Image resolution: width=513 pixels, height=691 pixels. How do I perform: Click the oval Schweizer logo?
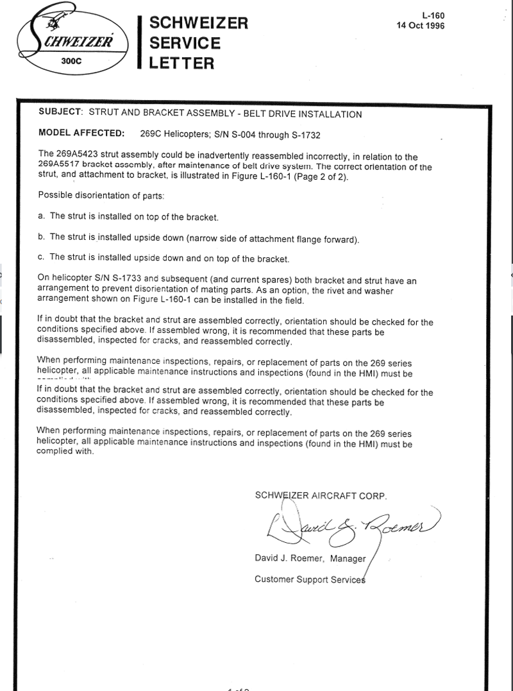(x=74, y=42)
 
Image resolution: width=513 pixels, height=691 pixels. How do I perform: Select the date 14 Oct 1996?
(x=421, y=26)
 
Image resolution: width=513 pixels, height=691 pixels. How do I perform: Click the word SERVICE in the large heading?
(x=185, y=43)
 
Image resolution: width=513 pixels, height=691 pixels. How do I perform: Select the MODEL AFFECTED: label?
(x=81, y=135)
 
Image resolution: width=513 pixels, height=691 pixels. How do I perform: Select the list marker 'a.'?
(x=42, y=216)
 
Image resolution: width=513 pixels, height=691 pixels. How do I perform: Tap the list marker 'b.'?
(x=42, y=237)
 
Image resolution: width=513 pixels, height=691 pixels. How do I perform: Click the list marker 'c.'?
(x=42, y=259)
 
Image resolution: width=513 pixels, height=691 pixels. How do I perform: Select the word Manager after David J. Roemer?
(x=348, y=559)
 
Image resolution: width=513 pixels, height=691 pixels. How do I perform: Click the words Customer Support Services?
(x=310, y=579)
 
